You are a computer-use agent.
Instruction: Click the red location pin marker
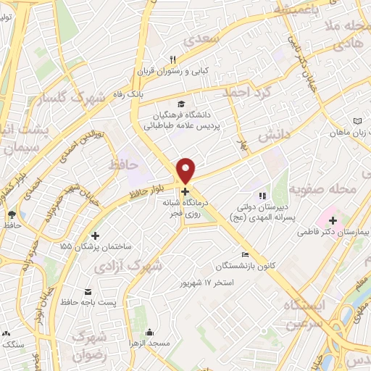(x=186, y=170)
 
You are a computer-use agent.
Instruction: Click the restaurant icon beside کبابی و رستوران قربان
(x=172, y=60)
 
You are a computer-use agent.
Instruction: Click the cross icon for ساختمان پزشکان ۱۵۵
(x=96, y=235)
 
